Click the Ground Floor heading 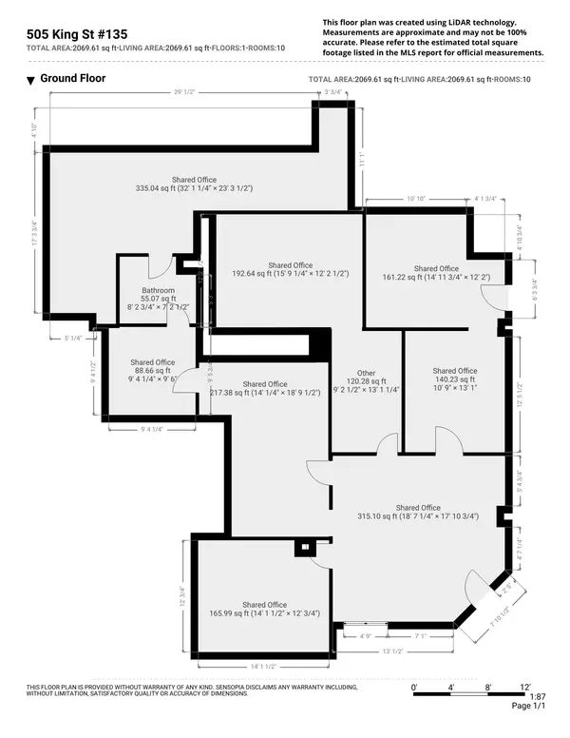(72, 79)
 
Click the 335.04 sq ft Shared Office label (194, 184)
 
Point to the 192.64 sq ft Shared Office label (290, 269)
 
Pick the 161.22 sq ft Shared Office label (435, 273)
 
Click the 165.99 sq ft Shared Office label (264, 609)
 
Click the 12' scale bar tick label (525, 687)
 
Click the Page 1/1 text (529, 707)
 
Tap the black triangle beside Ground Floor (30, 80)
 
